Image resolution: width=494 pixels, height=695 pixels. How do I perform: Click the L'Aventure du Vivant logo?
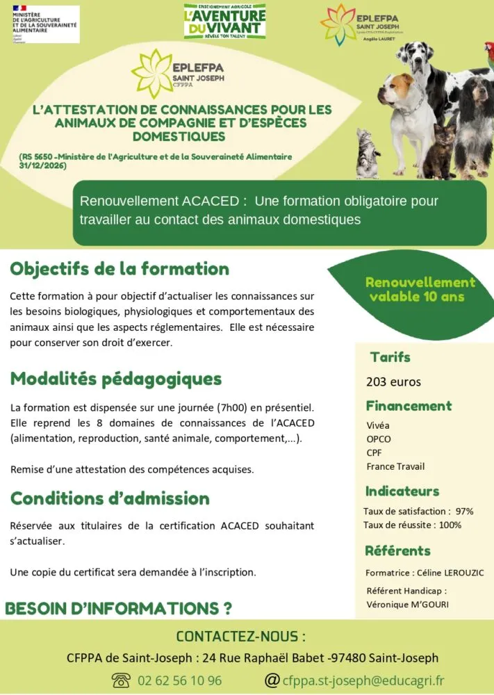(x=224, y=22)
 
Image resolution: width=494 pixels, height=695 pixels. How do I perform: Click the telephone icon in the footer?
(x=121, y=680)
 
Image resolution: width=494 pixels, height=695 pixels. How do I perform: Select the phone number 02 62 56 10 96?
(x=180, y=680)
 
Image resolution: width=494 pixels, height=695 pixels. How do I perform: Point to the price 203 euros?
(x=393, y=382)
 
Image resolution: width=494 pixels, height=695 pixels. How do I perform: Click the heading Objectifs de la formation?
(x=120, y=269)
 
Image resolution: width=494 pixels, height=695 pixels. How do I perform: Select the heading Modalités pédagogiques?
(x=116, y=379)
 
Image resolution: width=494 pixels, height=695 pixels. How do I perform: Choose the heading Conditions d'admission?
(x=110, y=498)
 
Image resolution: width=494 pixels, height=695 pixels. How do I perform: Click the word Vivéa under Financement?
(x=378, y=425)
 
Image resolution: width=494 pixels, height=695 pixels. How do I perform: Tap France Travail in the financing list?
(x=395, y=466)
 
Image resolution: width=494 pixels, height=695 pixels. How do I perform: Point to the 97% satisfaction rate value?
(x=464, y=511)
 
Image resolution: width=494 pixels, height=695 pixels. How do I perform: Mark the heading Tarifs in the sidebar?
(x=390, y=357)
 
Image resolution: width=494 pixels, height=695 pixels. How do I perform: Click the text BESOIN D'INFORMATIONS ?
(x=118, y=609)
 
